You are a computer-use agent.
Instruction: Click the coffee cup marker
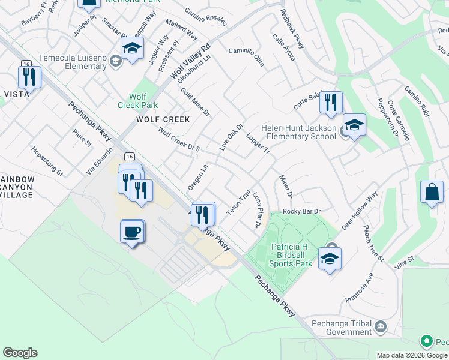tap(132, 231)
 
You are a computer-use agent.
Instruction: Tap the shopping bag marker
tap(432, 193)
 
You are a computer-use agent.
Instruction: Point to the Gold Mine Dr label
tap(195, 101)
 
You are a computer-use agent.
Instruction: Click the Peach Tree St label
tap(373, 243)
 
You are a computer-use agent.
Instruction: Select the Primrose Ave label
tap(360, 287)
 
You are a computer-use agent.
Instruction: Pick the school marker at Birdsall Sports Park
tap(329, 259)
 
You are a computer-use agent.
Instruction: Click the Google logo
tap(20, 353)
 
